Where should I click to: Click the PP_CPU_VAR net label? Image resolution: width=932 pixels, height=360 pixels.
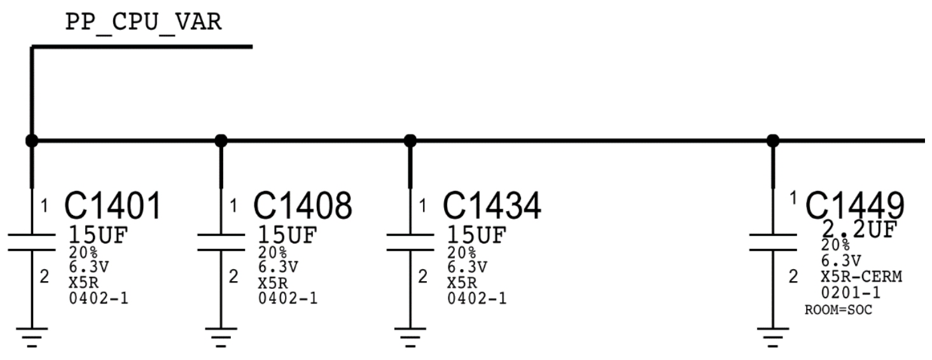click(143, 23)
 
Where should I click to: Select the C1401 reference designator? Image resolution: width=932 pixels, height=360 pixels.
click(113, 205)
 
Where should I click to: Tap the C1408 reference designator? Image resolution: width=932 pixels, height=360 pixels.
click(302, 205)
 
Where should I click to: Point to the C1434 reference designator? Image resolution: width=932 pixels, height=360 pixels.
click(492, 205)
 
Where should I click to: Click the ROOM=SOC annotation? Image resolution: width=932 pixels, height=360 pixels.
click(838, 310)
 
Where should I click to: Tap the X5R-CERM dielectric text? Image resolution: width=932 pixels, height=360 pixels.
click(861, 277)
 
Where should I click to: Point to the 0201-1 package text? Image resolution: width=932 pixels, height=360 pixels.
click(851, 293)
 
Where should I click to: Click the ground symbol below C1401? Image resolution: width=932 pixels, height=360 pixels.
click(31, 336)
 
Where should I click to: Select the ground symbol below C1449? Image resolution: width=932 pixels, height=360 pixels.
click(772, 336)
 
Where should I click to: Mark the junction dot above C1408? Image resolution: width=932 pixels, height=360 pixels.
click(221, 140)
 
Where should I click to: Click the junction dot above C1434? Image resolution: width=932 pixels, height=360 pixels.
click(410, 140)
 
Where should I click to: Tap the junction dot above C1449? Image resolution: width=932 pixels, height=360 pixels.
click(772, 140)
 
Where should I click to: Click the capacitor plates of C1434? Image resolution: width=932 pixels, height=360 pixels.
click(410, 242)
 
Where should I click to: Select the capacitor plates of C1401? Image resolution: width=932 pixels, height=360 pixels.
click(31, 242)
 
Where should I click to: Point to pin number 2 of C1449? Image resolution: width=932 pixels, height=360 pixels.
click(793, 277)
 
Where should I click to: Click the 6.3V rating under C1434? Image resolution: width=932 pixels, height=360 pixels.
click(468, 266)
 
